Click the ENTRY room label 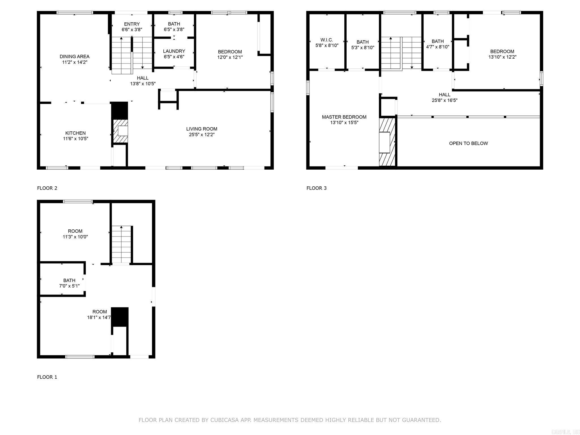click(x=132, y=24)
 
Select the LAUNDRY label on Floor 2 click(x=174, y=51)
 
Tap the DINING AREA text click(x=74, y=57)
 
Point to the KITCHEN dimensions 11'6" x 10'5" click(x=75, y=139)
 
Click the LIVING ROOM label click(x=202, y=129)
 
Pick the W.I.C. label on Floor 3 click(x=327, y=40)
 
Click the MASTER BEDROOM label click(x=344, y=117)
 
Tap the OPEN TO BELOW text click(x=468, y=143)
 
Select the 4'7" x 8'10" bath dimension click(x=438, y=47)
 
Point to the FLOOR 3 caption click(x=316, y=188)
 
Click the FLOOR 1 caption click(x=47, y=377)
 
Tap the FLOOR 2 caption click(x=47, y=188)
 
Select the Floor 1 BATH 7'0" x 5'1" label click(x=69, y=283)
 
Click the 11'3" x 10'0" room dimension click(x=75, y=237)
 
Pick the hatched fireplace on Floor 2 click(x=120, y=131)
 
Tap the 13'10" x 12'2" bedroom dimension click(x=502, y=57)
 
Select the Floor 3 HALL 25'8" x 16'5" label click(x=444, y=97)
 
